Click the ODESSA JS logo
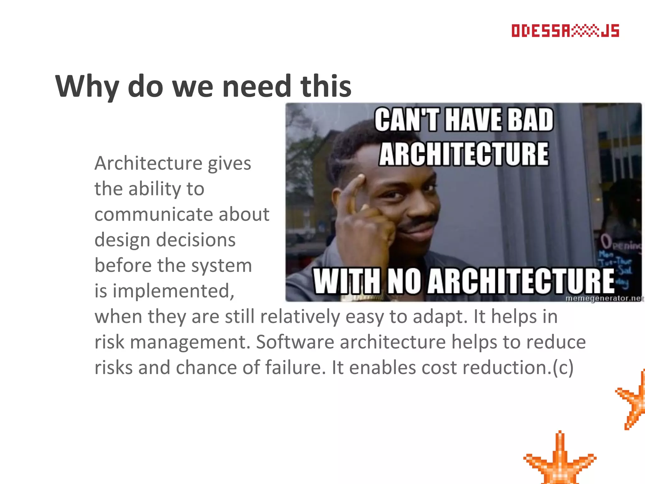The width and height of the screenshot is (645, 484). coord(565,31)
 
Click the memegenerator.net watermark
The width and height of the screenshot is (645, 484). coord(604,298)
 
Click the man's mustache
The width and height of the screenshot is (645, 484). coord(420,222)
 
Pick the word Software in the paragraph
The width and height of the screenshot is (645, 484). coord(295,342)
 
